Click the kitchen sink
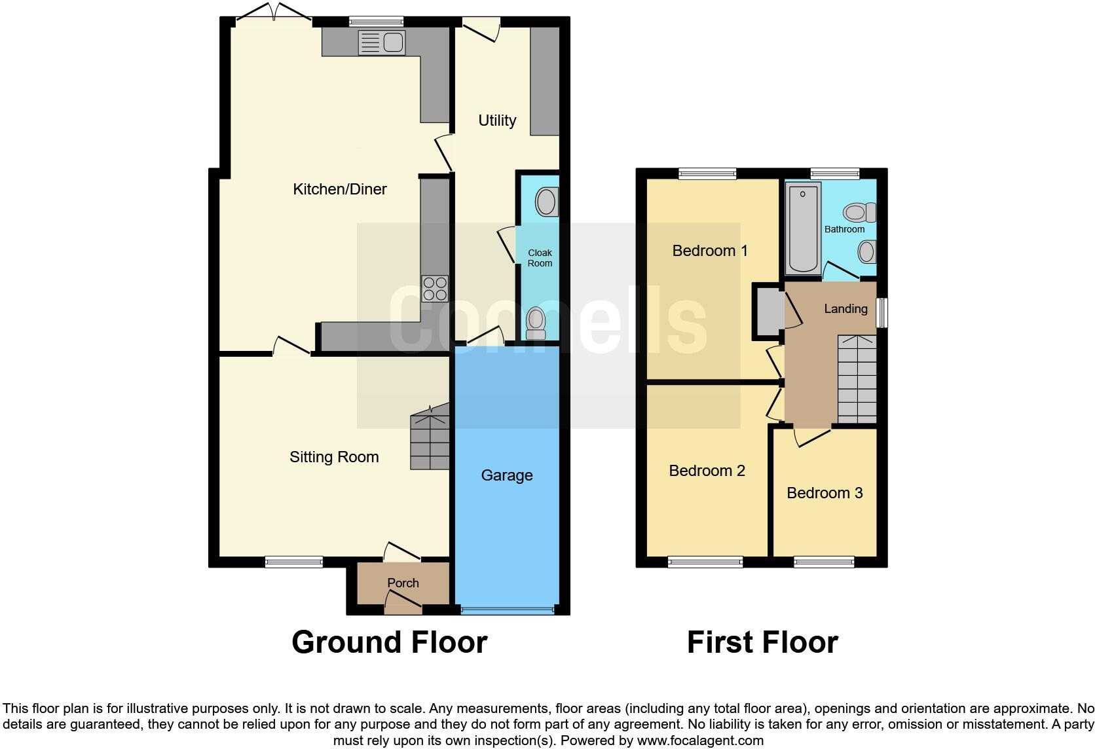(381, 43)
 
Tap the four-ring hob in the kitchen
(436, 288)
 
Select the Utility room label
(497, 120)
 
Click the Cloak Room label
(540, 258)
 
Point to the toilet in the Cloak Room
(536, 323)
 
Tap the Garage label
(507, 475)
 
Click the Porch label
(403, 583)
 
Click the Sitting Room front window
(294, 561)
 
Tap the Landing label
(845, 308)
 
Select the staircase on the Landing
(857, 379)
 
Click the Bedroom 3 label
(825, 493)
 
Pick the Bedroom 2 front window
(705, 561)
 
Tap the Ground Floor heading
(389, 642)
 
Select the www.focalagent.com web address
(700, 741)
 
